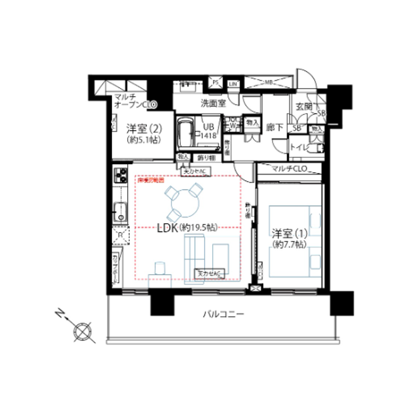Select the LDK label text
click(x=168, y=227)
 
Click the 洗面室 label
click(x=212, y=104)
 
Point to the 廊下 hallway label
click(x=275, y=128)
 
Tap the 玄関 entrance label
click(x=304, y=106)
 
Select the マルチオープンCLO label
click(x=135, y=101)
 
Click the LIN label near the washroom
click(x=233, y=84)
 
